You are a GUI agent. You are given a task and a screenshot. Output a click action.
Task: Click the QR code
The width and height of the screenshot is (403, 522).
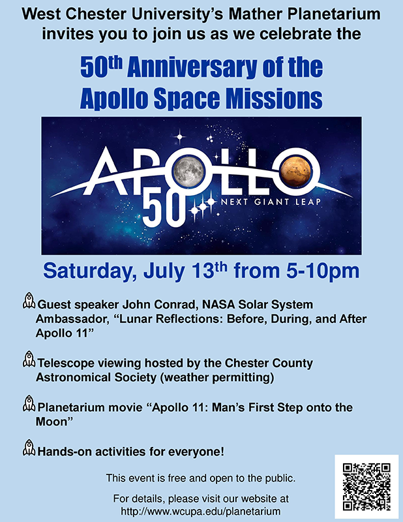point(366,487)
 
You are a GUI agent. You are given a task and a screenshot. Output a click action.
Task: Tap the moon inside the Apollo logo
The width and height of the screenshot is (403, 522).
point(188,171)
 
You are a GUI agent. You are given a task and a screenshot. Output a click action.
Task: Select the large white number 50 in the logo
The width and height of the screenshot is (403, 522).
point(164,209)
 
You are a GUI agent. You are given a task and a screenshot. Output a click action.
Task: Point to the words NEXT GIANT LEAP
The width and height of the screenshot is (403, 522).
point(271,202)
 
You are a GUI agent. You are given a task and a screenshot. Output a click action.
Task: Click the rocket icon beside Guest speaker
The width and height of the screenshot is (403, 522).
point(29,301)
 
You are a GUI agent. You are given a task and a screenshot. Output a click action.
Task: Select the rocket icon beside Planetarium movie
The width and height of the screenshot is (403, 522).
point(29,403)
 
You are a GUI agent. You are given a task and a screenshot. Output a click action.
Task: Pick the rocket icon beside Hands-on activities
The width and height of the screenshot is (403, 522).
point(29,448)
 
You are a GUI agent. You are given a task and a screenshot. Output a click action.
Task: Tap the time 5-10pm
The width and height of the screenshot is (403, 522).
point(323,271)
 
